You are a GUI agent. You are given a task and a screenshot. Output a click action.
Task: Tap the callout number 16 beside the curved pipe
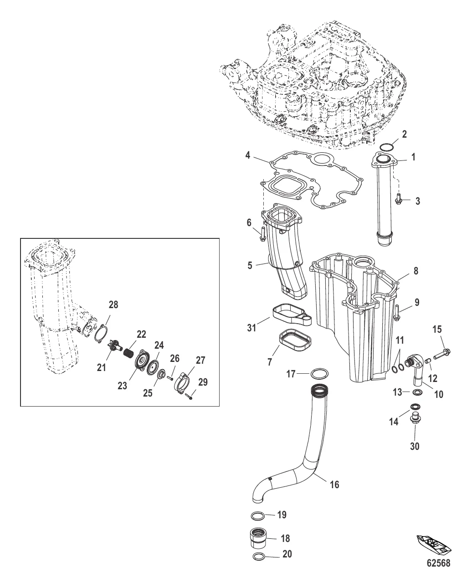coord(334,485)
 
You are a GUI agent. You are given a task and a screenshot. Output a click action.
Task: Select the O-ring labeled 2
coord(388,147)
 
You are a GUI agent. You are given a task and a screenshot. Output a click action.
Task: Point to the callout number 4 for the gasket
coord(247,155)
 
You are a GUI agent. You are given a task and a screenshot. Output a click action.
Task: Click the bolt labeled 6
coord(262,234)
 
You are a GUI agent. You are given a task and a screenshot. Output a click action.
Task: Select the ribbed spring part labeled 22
coord(128,352)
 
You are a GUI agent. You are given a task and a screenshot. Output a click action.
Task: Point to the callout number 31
coord(251,328)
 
